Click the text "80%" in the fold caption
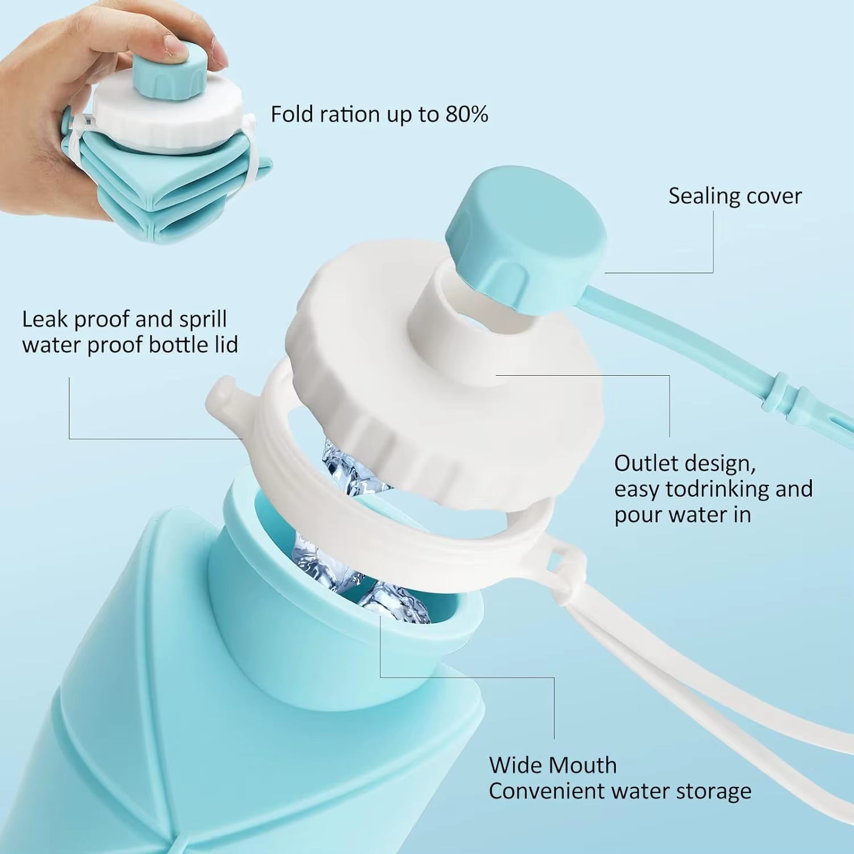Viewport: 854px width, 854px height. click(x=466, y=114)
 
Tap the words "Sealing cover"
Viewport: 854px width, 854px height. click(x=734, y=196)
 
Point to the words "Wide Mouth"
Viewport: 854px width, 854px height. click(x=552, y=765)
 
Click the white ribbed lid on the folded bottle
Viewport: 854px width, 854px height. click(x=165, y=120)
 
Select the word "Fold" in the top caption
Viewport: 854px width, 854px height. click(x=292, y=114)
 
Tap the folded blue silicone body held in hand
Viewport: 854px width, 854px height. click(x=131, y=188)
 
